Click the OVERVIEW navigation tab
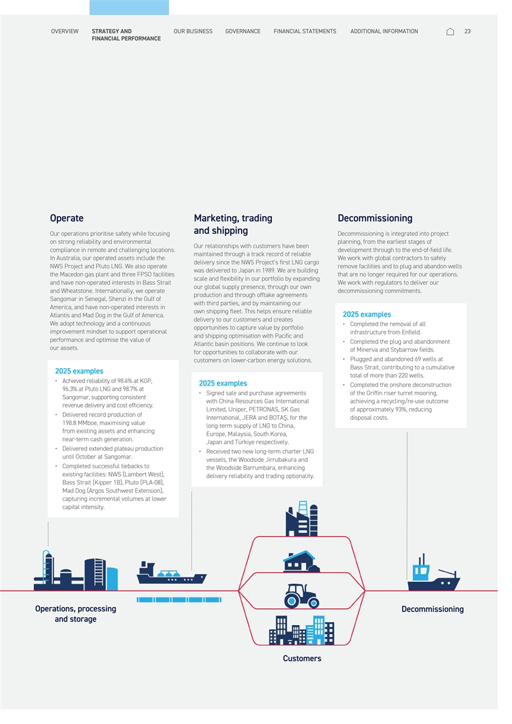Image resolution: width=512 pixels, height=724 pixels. tap(65, 31)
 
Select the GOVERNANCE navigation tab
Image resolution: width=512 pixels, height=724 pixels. tap(243, 31)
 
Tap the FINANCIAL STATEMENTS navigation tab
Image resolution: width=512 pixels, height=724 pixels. tap(305, 31)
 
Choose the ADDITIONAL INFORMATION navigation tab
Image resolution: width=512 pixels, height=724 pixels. tap(384, 31)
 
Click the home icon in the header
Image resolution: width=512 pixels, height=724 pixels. tap(450, 32)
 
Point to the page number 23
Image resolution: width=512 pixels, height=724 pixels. tap(467, 31)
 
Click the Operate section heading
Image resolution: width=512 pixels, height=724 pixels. tap(67, 218)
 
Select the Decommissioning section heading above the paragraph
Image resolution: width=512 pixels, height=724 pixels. tap(374, 218)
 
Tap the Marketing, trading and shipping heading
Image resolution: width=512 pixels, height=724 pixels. tap(233, 224)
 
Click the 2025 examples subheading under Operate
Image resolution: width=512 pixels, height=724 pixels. tap(79, 371)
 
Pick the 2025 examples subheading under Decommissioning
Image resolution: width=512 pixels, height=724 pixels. tap(367, 315)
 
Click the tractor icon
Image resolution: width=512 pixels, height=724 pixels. tap(302, 595)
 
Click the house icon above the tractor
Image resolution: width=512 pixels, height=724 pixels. tap(302, 561)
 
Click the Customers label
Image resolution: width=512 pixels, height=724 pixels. tap(302, 658)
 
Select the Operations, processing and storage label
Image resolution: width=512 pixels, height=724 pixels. tap(76, 614)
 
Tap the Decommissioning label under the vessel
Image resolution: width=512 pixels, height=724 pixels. tap(433, 609)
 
